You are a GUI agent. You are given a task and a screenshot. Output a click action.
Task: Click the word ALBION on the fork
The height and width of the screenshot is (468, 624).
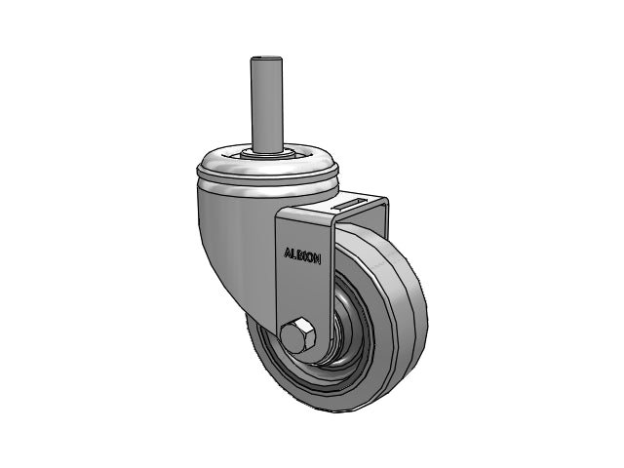(x=302, y=256)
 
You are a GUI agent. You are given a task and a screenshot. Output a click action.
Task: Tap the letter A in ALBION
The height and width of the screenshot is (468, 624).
(x=288, y=253)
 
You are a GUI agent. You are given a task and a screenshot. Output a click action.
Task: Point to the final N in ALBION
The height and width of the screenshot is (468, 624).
(x=317, y=259)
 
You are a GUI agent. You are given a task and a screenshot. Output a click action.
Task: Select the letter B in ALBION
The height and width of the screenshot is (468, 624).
(x=300, y=255)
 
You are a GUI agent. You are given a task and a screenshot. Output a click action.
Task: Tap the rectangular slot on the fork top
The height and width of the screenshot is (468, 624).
(x=351, y=204)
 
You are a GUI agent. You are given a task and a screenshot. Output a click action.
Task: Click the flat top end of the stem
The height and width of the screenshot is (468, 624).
(x=266, y=59)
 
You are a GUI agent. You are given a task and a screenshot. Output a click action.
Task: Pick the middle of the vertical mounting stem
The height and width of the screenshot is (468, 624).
(x=266, y=105)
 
